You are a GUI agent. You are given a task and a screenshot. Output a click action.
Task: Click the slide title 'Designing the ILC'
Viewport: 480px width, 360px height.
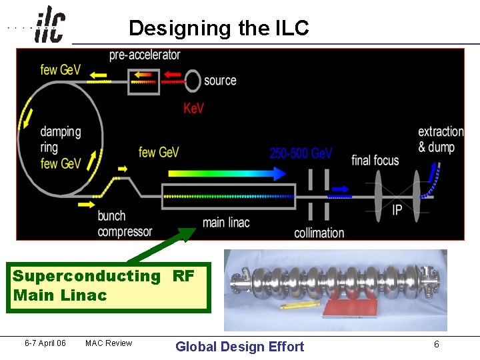tap(219, 28)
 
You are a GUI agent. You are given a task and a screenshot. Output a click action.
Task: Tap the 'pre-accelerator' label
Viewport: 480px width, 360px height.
tap(145, 55)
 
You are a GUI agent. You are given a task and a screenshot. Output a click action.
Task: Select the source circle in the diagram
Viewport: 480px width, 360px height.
tap(193, 81)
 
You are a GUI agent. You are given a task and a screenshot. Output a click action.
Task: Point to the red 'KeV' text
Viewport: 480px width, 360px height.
tap(193, 108)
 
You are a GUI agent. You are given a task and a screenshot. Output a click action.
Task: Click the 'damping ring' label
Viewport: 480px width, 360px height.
tap(61, 139)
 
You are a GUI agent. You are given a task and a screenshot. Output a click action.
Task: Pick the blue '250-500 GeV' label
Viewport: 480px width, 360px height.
tap(301, 153)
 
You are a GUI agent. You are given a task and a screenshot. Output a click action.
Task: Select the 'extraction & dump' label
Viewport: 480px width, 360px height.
tap(441, 139)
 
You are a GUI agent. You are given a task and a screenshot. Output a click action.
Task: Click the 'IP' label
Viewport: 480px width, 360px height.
tap(397, 210)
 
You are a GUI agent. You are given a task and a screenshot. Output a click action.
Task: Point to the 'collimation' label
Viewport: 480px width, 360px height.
tap(319, 233)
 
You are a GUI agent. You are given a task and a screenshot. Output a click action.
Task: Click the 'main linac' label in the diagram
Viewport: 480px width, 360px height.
tap(225, 222)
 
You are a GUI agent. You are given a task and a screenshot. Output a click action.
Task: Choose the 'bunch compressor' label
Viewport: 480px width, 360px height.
tap(125, 224)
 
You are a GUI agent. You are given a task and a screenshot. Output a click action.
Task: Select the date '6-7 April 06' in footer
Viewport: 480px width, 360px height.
tap(45, 343)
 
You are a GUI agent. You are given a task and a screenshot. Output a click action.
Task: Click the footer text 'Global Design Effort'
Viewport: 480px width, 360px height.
tap(239, 346)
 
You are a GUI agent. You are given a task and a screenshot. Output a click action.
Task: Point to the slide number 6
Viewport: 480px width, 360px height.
tap(436, 344)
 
